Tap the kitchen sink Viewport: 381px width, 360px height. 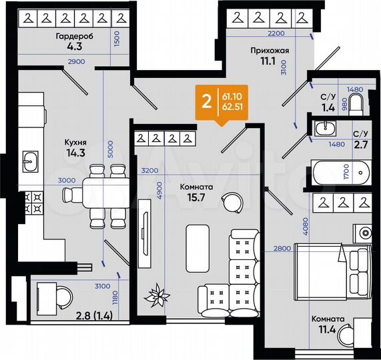[x=31, y=161]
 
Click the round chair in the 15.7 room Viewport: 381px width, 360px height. [x=232, y=199]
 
